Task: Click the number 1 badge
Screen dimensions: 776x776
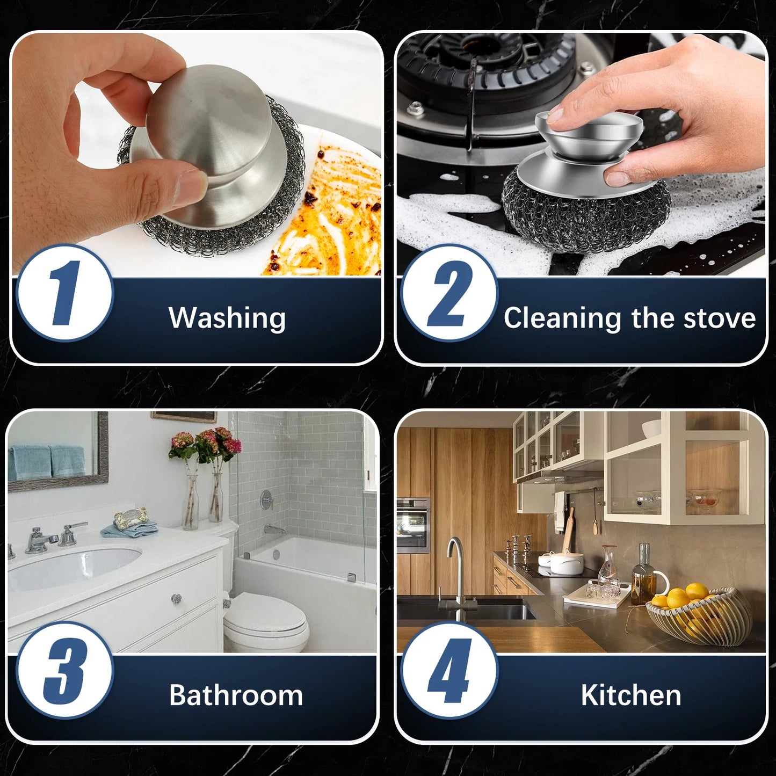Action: [x=64, y=293]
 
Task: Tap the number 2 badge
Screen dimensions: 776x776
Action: [x=449, y=293]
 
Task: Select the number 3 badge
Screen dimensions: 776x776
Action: [x=64, y=670]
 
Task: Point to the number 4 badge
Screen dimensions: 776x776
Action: [x=449, y=670]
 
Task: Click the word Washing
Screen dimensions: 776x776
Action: [x=227, y=318]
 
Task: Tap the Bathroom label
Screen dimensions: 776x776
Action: [x=236, y=695]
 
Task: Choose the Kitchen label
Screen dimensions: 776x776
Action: [x=631, y=695]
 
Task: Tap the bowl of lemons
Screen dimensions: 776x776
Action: [x=698, y=612]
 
